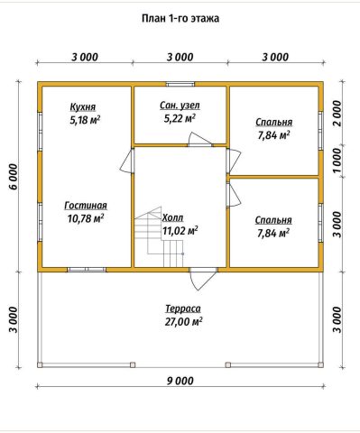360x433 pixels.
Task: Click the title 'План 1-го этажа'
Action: pyautogui.click(x=180, y=19)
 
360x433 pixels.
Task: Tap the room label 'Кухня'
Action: pyautogui.click(x=83, y=107)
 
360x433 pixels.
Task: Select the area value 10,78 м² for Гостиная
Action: pyautogui.click(x=86, y=218)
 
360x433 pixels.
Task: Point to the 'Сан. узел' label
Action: pyautogui.click(x=180, y=106)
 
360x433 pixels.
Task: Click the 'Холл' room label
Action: pyautogui.click(x=172, y=217)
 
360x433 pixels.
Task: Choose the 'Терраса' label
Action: pyautogui.click(x=183, y=309)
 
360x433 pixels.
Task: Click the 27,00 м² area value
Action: pyautogui.click(x=183, y=322)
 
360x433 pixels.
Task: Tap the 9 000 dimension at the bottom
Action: pyautogui.click(x=180, y=382)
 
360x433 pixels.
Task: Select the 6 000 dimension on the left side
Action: pyautogui.click(x=14, y=177)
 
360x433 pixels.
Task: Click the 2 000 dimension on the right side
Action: pyautogui.click(x=337, y=114)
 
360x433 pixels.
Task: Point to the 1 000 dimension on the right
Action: pyautogui.click(x=337, y=161)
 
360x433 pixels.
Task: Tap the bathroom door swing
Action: pyautogui.click(x=199, y=140)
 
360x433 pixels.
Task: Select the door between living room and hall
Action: pyautogui.click(x=126, y=161)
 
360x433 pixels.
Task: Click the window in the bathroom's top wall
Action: pyautogui.click(x=180, y=84)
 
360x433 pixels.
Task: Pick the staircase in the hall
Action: pyautogui.click(x=159, y=237)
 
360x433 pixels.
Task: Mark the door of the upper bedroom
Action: pyautogui.click(x=234, y=161)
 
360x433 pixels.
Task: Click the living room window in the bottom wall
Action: pyautogui.click(x=87, y=270)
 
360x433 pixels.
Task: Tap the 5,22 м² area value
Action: pyautogui.click(x=180, y=118)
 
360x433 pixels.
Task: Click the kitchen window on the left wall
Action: pyautogui.click(x=40, y=131)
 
